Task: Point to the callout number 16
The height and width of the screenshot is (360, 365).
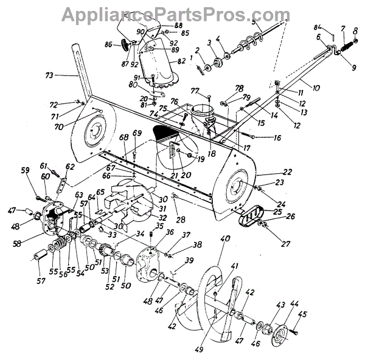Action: (277, 138)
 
